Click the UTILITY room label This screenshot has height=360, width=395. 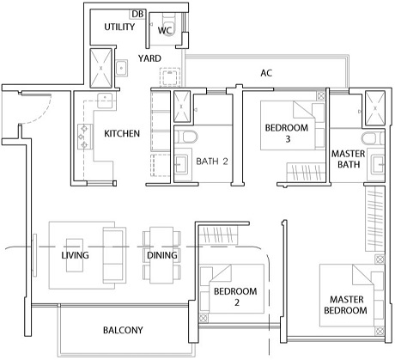click(x=119, y=27)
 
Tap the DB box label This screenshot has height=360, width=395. click(x=137, y=14)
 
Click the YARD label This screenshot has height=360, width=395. click(x=149, y=58)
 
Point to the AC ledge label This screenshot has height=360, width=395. click(x=266, y=73)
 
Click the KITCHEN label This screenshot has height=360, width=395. click(x=122, y=133)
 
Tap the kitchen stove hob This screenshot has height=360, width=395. click(x=85, y=137)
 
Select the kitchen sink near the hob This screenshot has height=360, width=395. click(x=105, y=101)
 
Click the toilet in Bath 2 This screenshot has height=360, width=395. click(x=186, y=137)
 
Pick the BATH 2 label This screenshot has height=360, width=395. click(x=212, y=162)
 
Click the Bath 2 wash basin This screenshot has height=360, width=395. click(x=181, y=164)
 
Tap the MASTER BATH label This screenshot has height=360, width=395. click(x=349, y=159)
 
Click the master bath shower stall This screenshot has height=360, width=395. click(x=375, y=108)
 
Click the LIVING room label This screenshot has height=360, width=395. click(x=75, y=255)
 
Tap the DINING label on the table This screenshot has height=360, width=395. click(x=162, y=255)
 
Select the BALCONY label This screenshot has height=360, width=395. click(x=123, y=330)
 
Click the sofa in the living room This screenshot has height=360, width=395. click(x=114, y=255)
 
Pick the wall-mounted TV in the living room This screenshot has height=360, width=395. click(x=34, y=255)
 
